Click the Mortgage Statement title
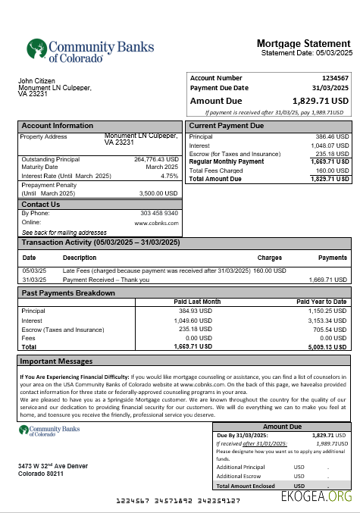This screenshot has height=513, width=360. click(x=303, y=43)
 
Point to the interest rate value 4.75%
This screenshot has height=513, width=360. click(x=169, y=176)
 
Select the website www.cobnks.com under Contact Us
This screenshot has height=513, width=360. click(x=157, y=224)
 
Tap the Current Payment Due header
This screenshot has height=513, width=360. click(x=227, y=126)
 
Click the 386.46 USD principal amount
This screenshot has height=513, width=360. click(x=332, y=137)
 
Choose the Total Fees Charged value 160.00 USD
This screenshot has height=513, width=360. click(x=332, y=170)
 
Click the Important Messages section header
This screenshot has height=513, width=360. click(x=56, y=361)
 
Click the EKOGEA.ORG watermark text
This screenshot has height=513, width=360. click(x=316, y=498)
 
